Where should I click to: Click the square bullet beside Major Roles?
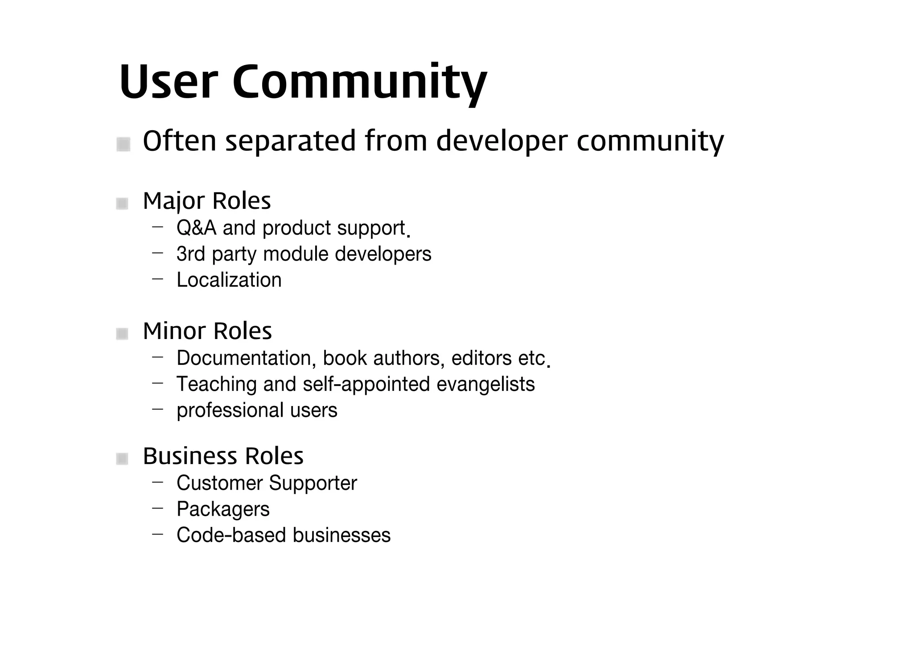click(122, 204)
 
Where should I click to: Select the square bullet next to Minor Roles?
click(122, 334)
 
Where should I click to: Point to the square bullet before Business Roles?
click(122, 459)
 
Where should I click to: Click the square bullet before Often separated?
click(123, 144)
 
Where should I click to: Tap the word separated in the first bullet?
click(291, 141)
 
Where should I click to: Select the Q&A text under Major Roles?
click(197, 228)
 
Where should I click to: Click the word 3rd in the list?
click(191, 254)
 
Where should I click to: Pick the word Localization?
click(229, 280)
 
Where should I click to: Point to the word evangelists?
click(485, 384)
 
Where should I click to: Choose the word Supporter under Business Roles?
click(313, 483)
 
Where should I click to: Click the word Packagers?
click(223, 509)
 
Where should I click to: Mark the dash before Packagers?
click(157, 508)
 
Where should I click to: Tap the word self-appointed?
click(366, 384)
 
